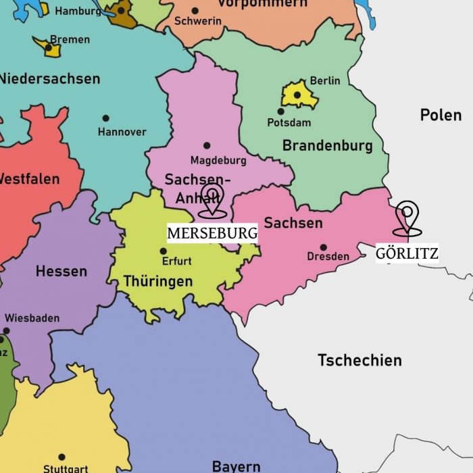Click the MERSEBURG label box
coord(212,233)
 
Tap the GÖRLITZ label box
coord(407,253)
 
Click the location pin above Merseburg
coord(212,199)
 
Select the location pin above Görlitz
coord(407,218)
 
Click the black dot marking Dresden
coord(323,247)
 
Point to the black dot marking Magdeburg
coord(207,145)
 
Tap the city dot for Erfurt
coord(163,251)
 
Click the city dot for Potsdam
coord(281,111)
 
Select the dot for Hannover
coord(105,118)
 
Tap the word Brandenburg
coord(327,145)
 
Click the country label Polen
coord(441,115)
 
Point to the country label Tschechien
coord(359,360)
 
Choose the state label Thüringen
coord(158,281)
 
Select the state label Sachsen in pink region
coord(293,222)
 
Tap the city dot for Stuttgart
coord(61,457)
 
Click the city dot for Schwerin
coord(195,10)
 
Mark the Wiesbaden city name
coord(32,318)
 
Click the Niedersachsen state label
coord(49,78)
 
